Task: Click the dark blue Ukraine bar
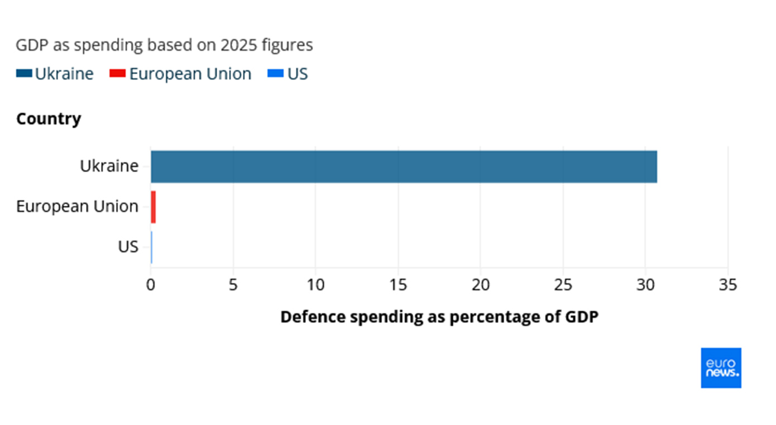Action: (404, 166)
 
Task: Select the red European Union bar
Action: (153, 207)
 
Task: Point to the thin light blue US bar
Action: (151, 247)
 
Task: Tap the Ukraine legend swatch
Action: (24, 74)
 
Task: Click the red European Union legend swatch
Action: (118, 74)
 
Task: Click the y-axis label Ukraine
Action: (109, 166)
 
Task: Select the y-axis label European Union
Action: (77, 206)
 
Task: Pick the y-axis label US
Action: (128, 247)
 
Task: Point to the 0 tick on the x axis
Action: (151, 285)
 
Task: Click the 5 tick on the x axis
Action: (233, 285)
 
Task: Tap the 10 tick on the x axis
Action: (315, 285)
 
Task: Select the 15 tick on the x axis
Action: (398, 285)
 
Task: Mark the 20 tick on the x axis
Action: (481, 285)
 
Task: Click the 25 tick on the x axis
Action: (563, 285)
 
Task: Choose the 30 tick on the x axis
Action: (645, 285)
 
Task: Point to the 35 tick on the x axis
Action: (728, 285)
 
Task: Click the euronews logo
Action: (721, 368)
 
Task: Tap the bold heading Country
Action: (49, 119)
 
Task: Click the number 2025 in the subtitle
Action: (239, 45)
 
